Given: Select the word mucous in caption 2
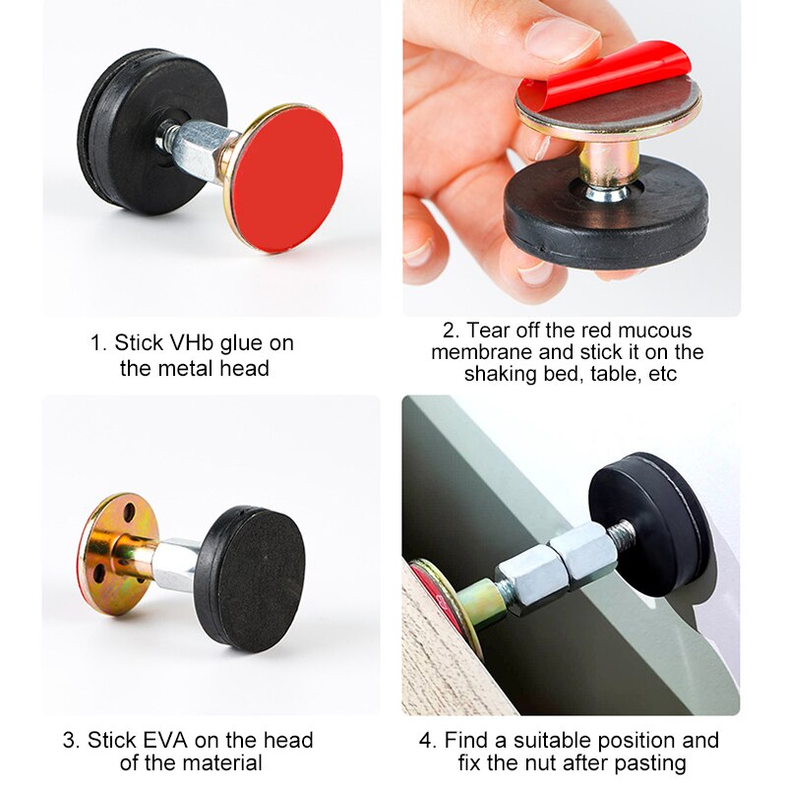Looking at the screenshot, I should pyautogui.click(x=658, y=331).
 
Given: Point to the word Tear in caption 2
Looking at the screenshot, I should pyautogui.click(x=488, y=331).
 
